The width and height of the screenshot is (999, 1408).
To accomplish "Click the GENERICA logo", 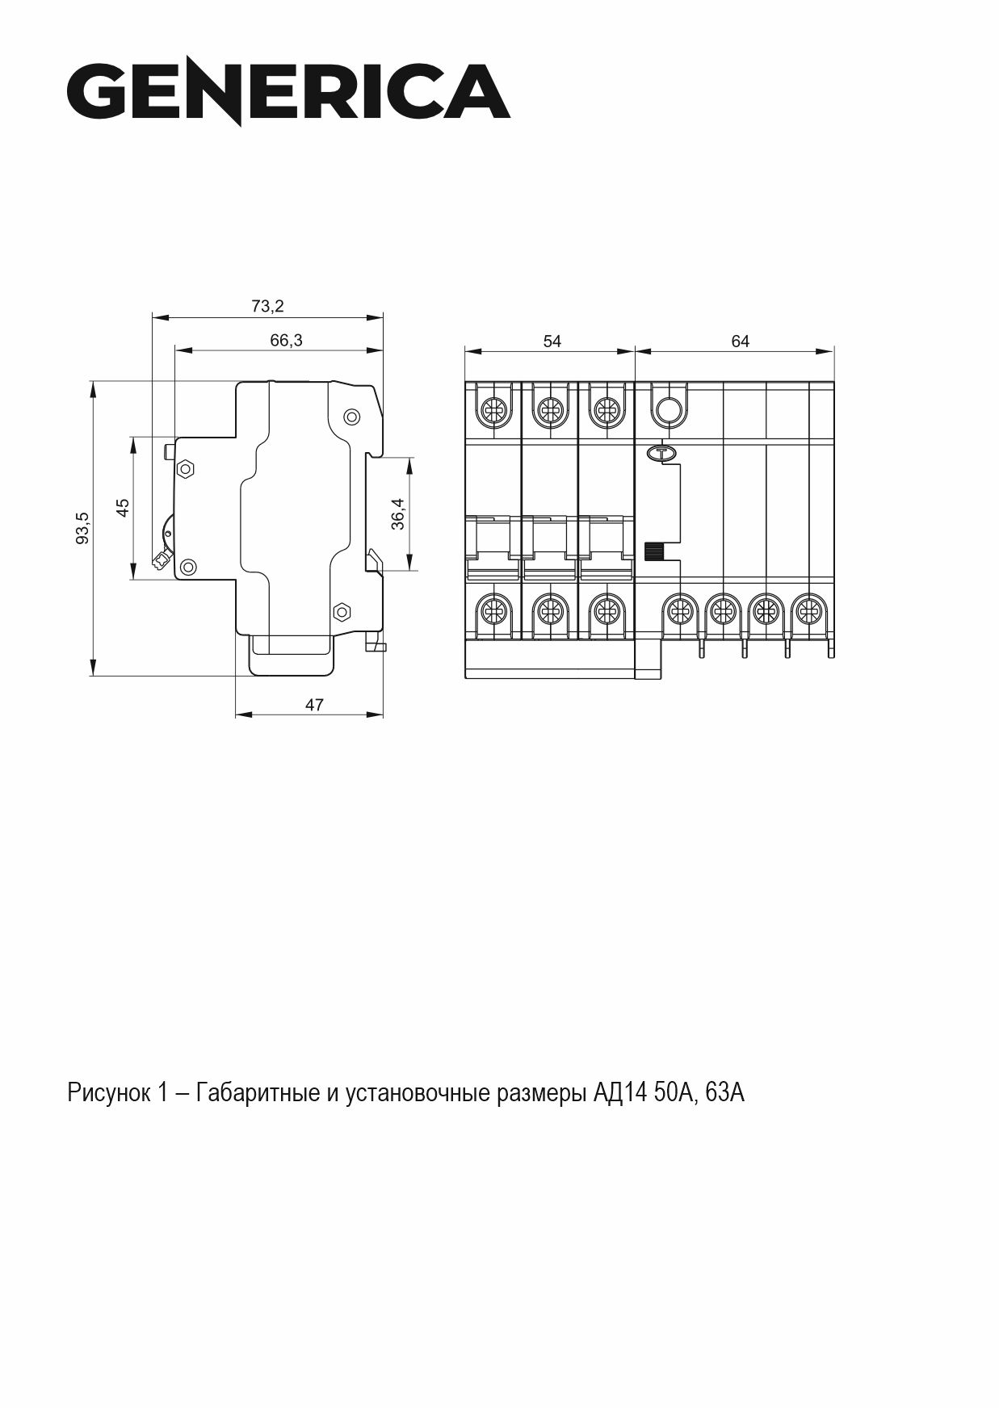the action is click(x=288, y=90).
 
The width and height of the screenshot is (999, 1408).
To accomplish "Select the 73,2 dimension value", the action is click(x=267, y=306).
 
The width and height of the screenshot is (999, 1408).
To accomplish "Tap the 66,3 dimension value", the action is click(x=286, y=341).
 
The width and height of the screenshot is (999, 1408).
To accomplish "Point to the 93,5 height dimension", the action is click(x=82, y=528).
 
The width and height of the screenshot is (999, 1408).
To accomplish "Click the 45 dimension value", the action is click(x=123, y=508).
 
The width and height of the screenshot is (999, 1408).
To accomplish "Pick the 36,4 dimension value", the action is click(x=398, y=513).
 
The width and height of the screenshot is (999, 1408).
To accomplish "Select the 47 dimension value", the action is click(x=314, y=705).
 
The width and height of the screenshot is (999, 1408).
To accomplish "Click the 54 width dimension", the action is click(x=552, y=342).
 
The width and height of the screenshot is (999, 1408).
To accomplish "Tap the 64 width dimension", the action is click(x=740, y=342).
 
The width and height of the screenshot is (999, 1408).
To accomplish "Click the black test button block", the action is click(x=653, y=551).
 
